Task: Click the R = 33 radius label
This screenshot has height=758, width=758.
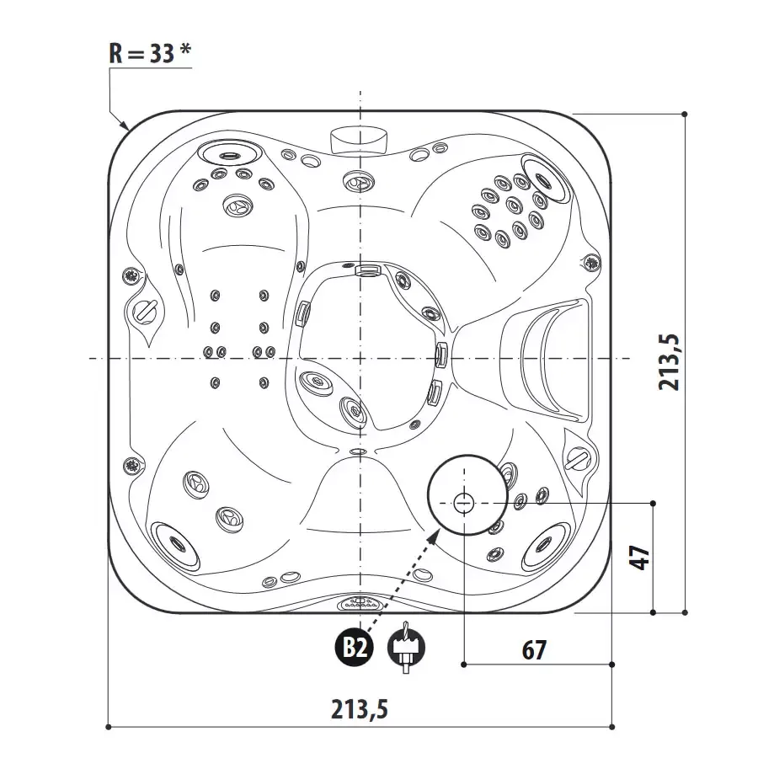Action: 150,53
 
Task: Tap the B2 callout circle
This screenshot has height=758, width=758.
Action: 355,648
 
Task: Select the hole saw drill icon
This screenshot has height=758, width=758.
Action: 406,648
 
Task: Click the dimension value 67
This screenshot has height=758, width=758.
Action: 534,650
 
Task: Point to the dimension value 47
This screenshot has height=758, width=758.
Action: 639,558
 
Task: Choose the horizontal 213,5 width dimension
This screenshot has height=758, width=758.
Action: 360,709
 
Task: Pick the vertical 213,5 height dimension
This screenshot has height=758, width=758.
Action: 670,362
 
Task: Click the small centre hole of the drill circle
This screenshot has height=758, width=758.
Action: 463,504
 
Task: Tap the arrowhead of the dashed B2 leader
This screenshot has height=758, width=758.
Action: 435,534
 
